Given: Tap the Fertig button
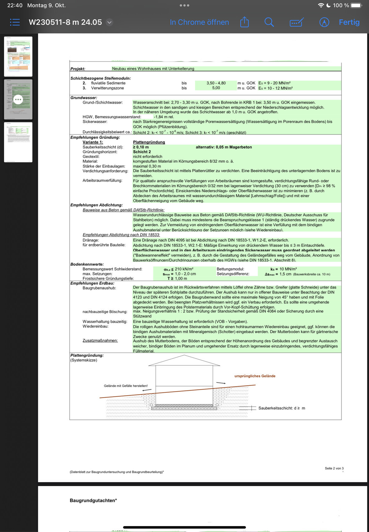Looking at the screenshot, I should [x=349, y=22].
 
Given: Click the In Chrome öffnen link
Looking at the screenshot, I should [x=199, y=22].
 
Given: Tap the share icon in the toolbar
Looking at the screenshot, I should [x=244, y=22].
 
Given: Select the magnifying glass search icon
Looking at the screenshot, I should [x=269, y=22].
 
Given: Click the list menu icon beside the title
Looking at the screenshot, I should [x=15, y=22].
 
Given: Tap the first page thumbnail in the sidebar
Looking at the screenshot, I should [x=18, y=57].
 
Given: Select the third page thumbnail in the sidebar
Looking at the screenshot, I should [x=18, y=142].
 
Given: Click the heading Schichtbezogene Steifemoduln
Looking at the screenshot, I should [x=101, y=78].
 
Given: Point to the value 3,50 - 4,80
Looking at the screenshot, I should [x=216, y=83].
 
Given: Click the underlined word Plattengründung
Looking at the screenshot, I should [x=149, y=142].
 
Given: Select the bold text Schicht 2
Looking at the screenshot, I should [x=142, y=152].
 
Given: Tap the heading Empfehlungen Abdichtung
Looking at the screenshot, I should [x=97, y=205].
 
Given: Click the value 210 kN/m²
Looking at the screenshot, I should [x=184, y=269].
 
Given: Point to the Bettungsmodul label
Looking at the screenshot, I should [x=230, y=269].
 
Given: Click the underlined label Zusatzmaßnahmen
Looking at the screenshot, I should [x=100, y=340].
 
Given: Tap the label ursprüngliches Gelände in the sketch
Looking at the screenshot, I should [x=255, y=376].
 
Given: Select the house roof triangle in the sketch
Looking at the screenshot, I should [x=184, y=361].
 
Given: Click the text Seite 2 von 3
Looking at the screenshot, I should [x=334, y=468].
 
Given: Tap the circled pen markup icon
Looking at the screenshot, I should [x=324, y=22].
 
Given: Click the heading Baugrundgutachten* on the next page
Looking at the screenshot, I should [x=93, y=500].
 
